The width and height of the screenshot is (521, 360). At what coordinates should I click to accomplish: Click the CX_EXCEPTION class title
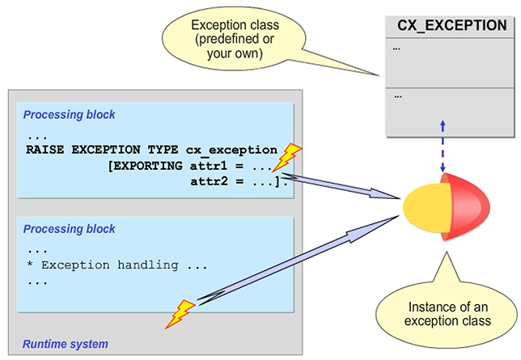pyautogui.click(x=451, y=26)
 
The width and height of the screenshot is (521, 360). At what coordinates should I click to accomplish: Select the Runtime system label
pyautogui.click(x=66, y=344)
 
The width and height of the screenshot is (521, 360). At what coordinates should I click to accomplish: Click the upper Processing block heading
pyautogui.click(x=69, y=115)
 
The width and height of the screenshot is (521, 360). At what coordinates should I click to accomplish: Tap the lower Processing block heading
pyautogui.click(x=69, y=229)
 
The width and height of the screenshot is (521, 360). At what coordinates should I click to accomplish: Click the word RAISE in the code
pyautogui.click(x=45, y=150)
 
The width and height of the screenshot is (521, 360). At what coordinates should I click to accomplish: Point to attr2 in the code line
pyautogui.click(x=205, y=180)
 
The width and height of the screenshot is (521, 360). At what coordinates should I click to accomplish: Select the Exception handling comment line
pyautogui.click(x=112, y=265)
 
